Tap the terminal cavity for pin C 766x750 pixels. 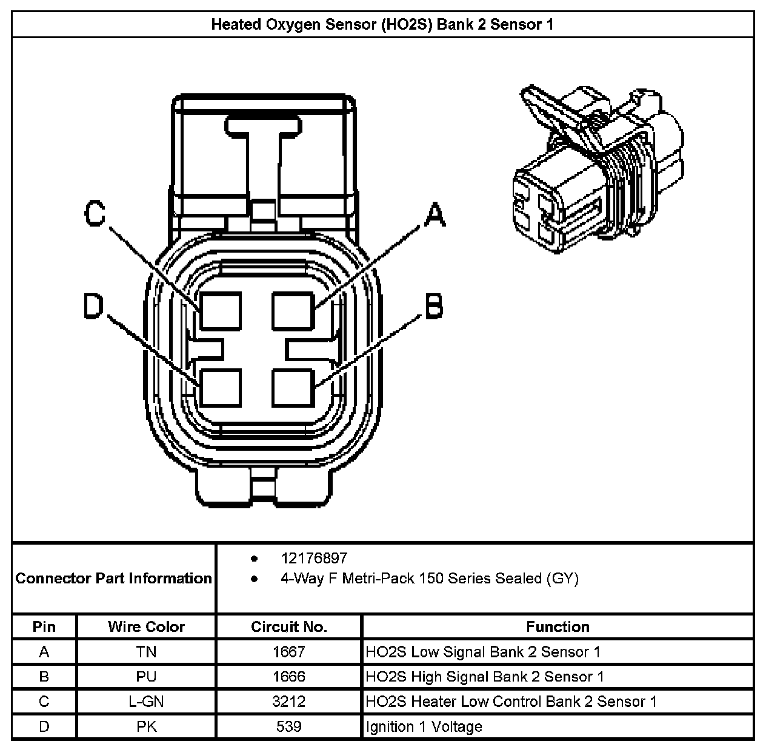(221, 311)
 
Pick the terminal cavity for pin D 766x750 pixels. (221, 387)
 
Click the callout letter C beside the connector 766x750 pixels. (95, 213)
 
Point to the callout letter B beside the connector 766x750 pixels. (433, 307)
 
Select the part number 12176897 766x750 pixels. (314, 558)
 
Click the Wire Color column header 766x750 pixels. (146, 626)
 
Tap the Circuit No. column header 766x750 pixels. (288, 626)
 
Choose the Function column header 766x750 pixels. (558, 626)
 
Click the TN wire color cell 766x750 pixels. (146, 652)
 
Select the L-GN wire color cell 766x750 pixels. (146, 702)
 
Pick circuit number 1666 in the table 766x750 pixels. (288, 677)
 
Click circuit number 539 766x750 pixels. (288, 726)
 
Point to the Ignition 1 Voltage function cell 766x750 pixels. (424, 726)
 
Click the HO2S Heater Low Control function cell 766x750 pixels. (511, 702)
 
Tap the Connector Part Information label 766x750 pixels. (114, 578)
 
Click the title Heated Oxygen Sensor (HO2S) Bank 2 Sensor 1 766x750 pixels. (382, 25)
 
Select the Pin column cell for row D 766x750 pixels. (44, 726)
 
